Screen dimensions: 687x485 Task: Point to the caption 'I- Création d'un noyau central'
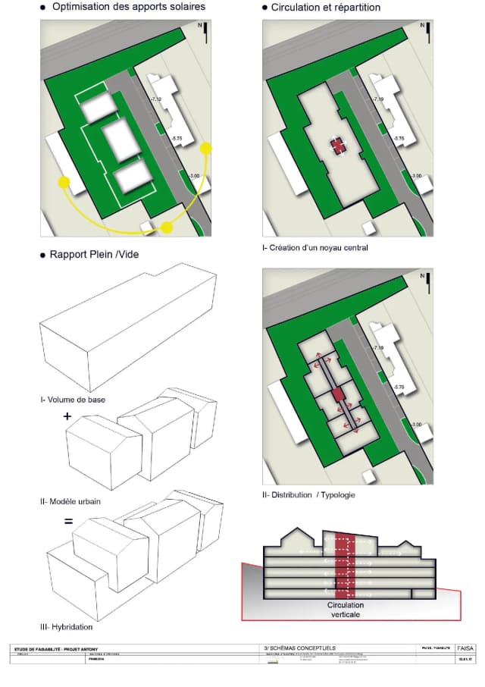tap(314, 248)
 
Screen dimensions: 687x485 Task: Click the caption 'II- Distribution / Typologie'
tap(308, 494)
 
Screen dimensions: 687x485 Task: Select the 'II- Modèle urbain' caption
tap(70, 501)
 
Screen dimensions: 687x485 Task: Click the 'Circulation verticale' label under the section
tap(345, 610)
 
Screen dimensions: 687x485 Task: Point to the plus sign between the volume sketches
tap(67, 416)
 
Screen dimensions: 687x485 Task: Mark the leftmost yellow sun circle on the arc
tap(64, 182)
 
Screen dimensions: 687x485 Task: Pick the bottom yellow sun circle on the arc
tap(167, 227)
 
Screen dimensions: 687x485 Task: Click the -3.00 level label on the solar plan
tap(193, 176)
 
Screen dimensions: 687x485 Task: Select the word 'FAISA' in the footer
tap(465, 648)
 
